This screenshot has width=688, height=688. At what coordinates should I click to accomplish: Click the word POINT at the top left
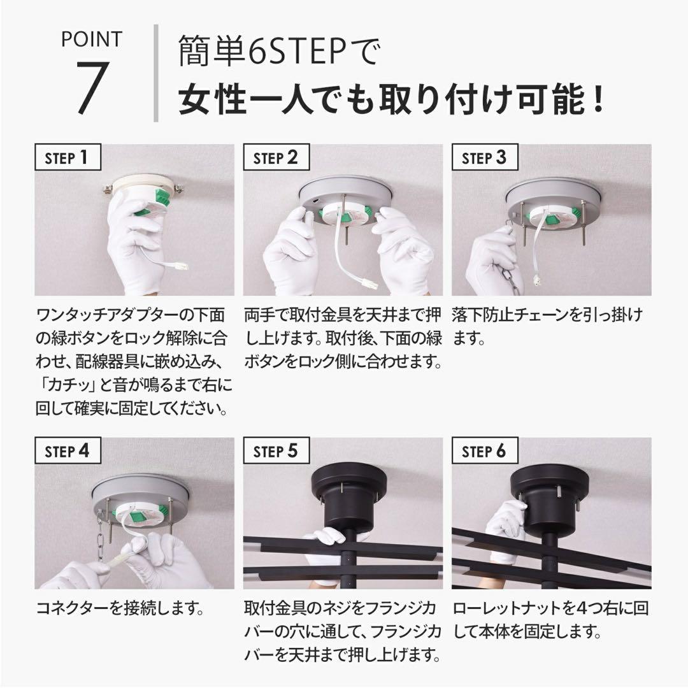[x=90, y=39]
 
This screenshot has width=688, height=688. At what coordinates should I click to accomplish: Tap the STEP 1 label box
[x=68, y=157]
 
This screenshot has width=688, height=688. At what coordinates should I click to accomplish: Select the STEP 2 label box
[x=276, y=157]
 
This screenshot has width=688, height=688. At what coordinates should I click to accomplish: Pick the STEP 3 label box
[x=484, y=157]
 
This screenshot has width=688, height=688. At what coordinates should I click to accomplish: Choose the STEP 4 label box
[x=68, y=451]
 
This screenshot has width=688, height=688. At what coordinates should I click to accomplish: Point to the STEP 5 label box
[x=276, y=451]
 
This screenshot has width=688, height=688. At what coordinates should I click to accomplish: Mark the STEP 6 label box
[x=484, y=451]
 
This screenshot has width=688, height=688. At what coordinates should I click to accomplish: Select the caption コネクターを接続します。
[x=119, y=608]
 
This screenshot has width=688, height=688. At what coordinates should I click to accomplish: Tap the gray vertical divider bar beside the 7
[x=156, y=73]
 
